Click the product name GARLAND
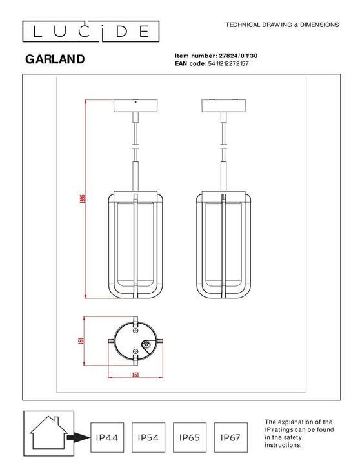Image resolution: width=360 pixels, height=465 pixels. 55,60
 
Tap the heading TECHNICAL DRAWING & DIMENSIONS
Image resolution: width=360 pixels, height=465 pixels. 281,25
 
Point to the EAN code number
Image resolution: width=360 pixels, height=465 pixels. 228,64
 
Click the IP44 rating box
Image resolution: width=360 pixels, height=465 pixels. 106,437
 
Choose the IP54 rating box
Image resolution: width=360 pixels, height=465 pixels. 148,437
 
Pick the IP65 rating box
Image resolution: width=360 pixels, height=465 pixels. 190,437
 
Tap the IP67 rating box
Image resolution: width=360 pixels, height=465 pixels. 230,437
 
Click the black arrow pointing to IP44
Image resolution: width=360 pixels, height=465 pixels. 78,438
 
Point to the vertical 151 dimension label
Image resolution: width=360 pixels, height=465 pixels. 81,342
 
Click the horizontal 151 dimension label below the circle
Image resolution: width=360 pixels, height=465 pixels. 136,375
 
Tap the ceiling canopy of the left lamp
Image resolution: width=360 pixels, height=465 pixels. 135,107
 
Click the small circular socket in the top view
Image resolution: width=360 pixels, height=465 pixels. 149,347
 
